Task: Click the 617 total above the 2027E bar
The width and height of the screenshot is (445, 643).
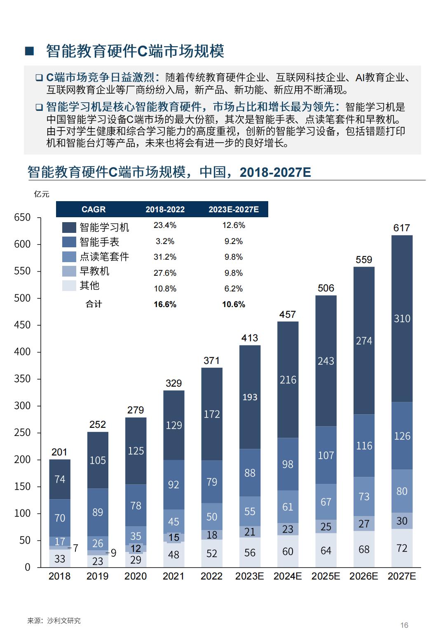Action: (x=402, y=228)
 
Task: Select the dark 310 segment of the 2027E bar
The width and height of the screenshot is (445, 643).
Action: (x=402, y=318)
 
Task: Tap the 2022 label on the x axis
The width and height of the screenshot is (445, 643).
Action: (x=211, y=576)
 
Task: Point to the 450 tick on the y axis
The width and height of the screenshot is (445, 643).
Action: (x=22, y=325)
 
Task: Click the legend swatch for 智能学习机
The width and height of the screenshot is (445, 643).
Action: (x=69, y=228)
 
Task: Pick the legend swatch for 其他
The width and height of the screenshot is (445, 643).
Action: (x=69, y=286)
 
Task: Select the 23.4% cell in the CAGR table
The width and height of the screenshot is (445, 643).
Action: (x=165, y=225)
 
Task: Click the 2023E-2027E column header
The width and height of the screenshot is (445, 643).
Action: (x=234, y=209)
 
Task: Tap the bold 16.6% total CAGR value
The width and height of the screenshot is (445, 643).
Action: (x=165, y=305)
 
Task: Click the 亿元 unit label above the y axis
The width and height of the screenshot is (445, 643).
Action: (x=42, y=194)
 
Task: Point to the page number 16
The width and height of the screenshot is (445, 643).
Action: (x=404, y=625)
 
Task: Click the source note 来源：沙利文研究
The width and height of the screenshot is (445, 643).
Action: (x=54, y=621)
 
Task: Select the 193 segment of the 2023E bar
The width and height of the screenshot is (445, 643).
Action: (x=250, y=397)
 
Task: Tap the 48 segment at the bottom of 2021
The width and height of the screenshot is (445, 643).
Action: (x=173, y=555)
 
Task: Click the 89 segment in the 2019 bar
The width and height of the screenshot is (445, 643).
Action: (x=98, y=512)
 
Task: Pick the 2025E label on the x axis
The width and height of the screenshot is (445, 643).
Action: (x=326, y=576)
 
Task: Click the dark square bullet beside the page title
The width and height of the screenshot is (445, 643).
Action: (x=29, y=51)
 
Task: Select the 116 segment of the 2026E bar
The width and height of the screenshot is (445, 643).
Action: (x=364, y=446)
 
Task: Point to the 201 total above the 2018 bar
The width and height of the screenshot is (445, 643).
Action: (x=59, y=452)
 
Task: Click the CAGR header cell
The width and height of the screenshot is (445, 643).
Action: (x=94, y=209)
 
